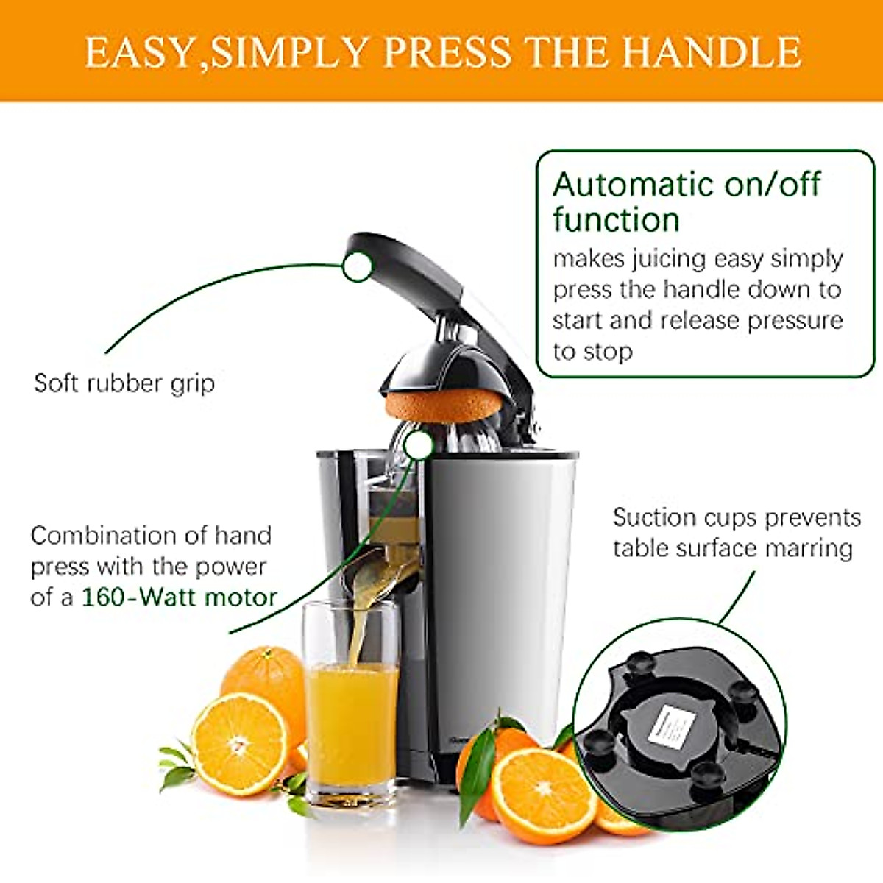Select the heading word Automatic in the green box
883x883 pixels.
(x=634, y=184)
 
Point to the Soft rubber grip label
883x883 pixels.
(x=124, y=383)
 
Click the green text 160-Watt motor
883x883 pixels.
(x=179, y=596)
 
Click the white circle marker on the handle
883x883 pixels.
(x=358, y=266)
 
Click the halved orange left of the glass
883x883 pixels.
(x=239, y=743)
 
